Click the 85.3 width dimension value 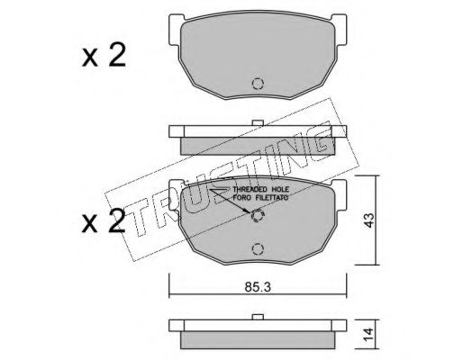(258, 287)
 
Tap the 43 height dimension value (369, 220)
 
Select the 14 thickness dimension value (369, 334)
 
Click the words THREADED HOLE (261, 189)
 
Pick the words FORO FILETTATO (261, 198)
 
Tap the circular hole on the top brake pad (258, 84)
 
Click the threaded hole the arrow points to (258, 216)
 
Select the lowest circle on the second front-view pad (258, 248)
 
